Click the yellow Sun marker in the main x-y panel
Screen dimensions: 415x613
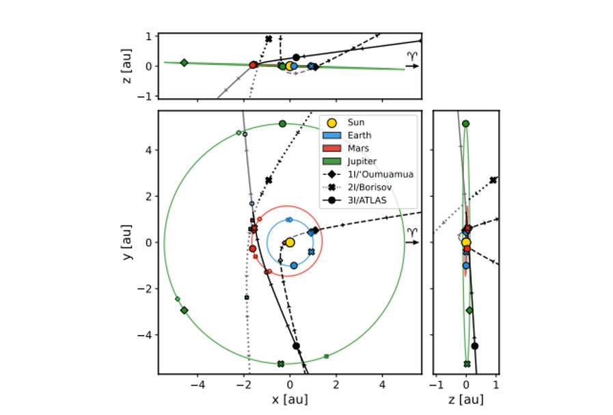289,242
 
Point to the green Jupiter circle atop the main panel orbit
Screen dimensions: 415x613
282,124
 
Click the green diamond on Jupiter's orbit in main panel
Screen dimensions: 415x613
184,310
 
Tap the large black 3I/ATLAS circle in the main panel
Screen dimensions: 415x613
296,346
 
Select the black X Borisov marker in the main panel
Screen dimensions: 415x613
269,180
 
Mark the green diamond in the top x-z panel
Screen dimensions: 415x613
184,62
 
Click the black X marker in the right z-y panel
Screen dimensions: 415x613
493,180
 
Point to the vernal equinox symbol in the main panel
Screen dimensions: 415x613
412,236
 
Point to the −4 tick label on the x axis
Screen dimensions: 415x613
197,386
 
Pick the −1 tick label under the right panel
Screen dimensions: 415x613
437,386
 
